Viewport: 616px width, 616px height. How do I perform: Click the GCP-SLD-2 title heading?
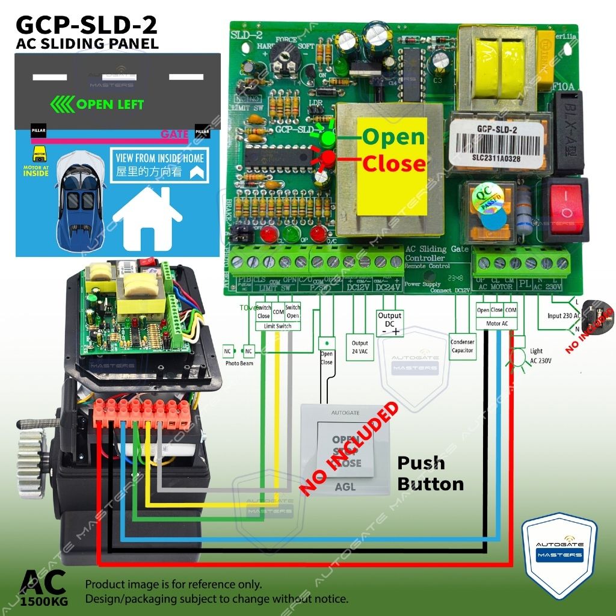[87, 25]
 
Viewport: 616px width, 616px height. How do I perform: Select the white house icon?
[147, 216]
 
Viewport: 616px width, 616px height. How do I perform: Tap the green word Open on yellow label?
[393, 137]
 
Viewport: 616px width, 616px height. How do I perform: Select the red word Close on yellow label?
[393, 164]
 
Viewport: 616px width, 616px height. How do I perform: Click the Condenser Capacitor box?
[462, 346]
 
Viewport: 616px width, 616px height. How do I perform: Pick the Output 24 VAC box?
[360, 347]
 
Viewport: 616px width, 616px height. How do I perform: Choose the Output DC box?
[389, 324]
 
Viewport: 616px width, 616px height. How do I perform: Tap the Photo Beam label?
[238, 364]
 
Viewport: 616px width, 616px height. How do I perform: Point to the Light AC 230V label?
[536, 355]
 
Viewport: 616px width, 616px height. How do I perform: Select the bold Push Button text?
[430, 473]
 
